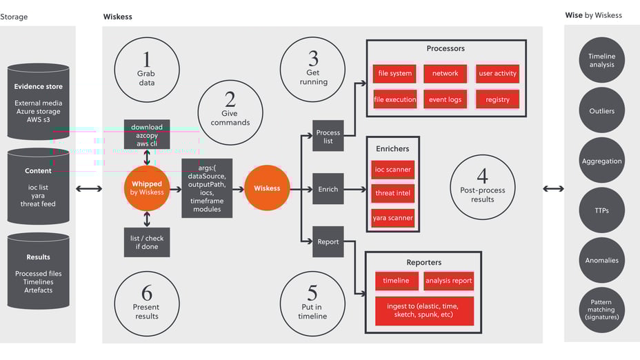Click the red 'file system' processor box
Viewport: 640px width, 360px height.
[x=394, y=73]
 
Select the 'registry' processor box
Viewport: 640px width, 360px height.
[x=497, y=99]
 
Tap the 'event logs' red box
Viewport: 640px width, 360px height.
[x=445, y=99]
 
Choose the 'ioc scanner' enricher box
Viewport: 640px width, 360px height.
[x=393, y=169]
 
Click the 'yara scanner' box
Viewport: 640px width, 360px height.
[x=393, y=218]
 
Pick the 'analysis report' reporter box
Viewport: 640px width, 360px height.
[x=449, y=281]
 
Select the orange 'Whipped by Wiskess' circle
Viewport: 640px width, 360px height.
[x=147, y=188]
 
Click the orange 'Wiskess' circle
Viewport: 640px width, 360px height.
[x=267, y=188]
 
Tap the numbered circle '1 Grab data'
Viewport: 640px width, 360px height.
[x=146, y=70]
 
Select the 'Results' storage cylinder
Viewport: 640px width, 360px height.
[x=39, y=272]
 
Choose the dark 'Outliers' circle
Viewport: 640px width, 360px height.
[x=601, y=110]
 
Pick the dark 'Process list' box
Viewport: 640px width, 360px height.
[x=328, y=137]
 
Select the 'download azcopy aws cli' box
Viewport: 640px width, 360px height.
[x=147, y=135]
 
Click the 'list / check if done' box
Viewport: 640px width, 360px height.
[x=147, y=242]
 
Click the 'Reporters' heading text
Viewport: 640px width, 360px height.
[x=424, y=262]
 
